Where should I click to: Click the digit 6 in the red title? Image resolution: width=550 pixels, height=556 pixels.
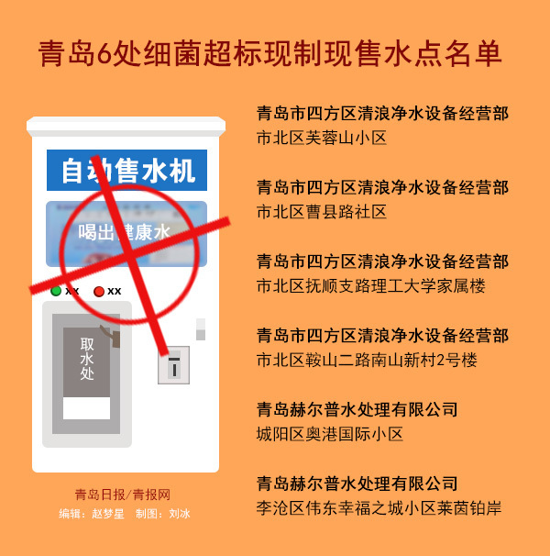[104, 54]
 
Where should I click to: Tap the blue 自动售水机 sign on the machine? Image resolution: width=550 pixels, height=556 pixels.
[126, 171]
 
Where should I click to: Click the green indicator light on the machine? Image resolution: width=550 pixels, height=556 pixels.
[56, 291]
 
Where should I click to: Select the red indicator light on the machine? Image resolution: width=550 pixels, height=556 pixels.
[99, 292]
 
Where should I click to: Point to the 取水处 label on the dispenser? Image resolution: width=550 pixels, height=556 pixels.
[87, 359]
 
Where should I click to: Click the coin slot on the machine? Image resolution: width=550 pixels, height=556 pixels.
[173, 365]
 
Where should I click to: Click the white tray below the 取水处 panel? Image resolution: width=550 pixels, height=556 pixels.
[86, 408]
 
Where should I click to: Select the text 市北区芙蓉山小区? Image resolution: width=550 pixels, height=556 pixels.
[322, 138]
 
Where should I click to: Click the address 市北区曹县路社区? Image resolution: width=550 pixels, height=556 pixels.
[322, 212]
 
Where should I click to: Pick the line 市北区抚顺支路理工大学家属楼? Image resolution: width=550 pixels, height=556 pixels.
[370, 286]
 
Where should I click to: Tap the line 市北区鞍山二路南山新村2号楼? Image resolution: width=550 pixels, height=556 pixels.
[367, 361]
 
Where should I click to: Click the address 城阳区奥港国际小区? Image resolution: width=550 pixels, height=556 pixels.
[330, 434]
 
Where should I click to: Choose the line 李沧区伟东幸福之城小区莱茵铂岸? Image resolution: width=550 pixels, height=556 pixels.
[379, 508]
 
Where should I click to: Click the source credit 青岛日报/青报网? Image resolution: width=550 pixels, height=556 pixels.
[123, 495]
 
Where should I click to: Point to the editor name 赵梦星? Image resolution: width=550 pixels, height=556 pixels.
[108, 514]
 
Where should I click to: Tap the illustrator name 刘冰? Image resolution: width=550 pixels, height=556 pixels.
[180, 514]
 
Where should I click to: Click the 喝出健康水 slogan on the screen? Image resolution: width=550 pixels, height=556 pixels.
[125, 233]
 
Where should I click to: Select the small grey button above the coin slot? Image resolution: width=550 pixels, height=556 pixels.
[201, 329]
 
